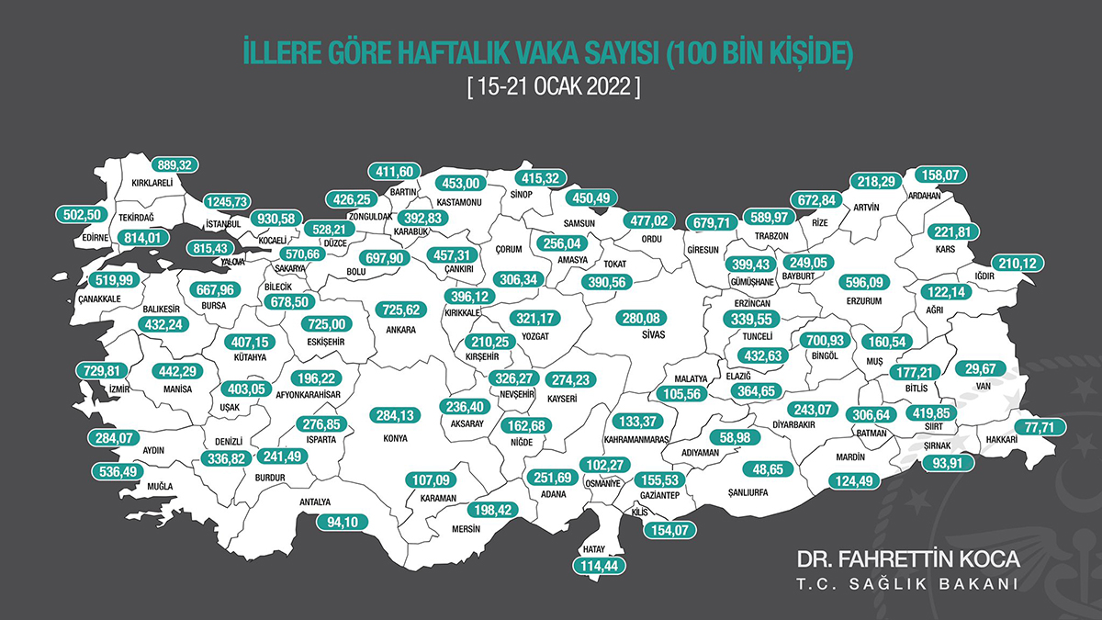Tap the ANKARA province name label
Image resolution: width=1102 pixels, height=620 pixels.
pyautogui.click(x=401, y=330)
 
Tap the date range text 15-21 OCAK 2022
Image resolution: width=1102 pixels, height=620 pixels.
pyautogui.click(x=551, y=89)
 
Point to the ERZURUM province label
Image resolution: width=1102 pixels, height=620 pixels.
pyautogui.click(x=863, y=300)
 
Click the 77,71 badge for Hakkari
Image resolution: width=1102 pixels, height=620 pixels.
pyautogui.click(x=1040, y=426)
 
